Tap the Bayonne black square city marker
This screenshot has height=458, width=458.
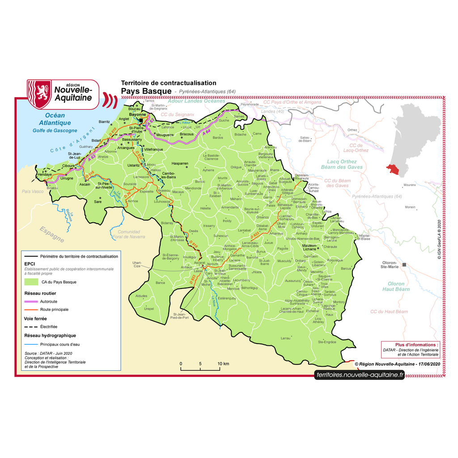[x=141, y=121]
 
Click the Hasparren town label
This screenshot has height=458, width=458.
[x=180, y=164]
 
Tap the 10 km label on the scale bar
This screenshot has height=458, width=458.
[x=224, y=364]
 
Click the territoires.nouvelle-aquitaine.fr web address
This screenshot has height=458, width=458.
[x=360, y=375]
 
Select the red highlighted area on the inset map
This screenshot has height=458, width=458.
[x=394, y=169]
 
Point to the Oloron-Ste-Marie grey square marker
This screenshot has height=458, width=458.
[x=404, y=265]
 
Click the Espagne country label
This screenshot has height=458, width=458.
[x=51, y=234]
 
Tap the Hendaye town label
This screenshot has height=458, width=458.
[x=45, y=174]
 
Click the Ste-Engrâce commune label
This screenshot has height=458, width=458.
[x=327, y=342]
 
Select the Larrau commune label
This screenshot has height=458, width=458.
[x=285, y=339]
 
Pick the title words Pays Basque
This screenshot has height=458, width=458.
[x=146, y=91]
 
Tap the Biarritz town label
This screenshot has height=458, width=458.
[x=104, y=122]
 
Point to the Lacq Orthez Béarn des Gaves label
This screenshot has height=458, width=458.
[x=342, y=164]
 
